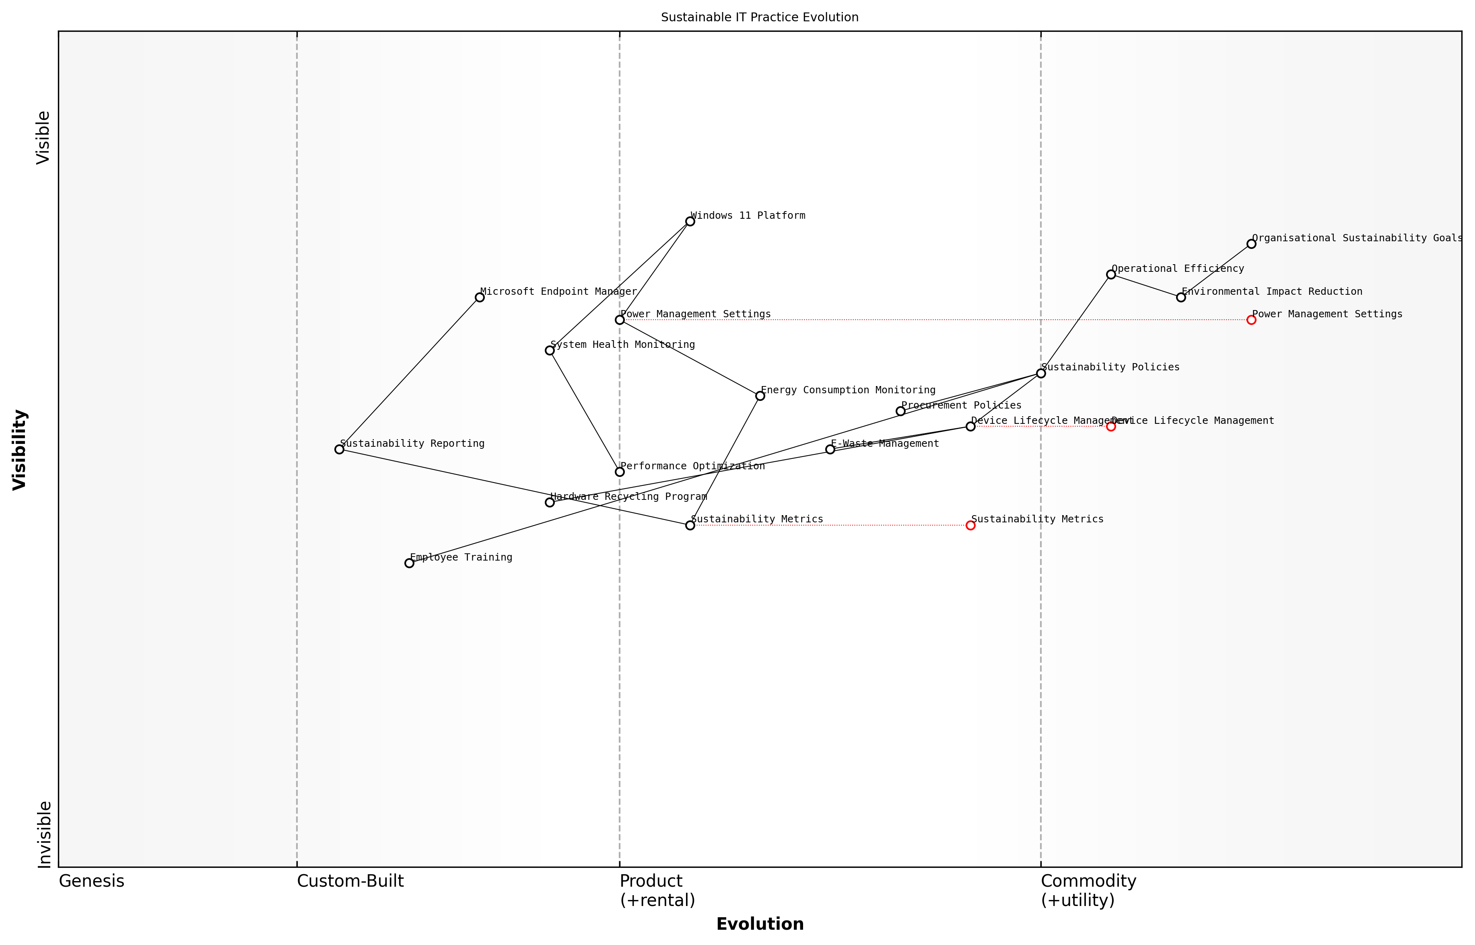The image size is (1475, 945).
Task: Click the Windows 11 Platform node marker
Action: [690, 222]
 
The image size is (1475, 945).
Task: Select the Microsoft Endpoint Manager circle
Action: [479, 298]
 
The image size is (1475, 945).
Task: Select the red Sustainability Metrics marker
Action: [970, 525]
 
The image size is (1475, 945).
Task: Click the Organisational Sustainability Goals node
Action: [1251, 244]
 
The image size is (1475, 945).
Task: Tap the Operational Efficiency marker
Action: [1111, 274]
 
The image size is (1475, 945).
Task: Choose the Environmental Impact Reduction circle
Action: [1181, 298]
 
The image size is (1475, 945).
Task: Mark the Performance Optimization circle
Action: [619, 472]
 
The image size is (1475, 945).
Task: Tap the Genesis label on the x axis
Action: [91, 881]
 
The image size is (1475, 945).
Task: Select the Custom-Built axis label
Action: [350, 881]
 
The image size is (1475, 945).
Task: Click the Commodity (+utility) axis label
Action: [1088, 890]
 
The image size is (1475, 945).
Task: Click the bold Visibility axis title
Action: [20, 449]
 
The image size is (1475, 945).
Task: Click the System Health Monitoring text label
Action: [622, 345]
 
